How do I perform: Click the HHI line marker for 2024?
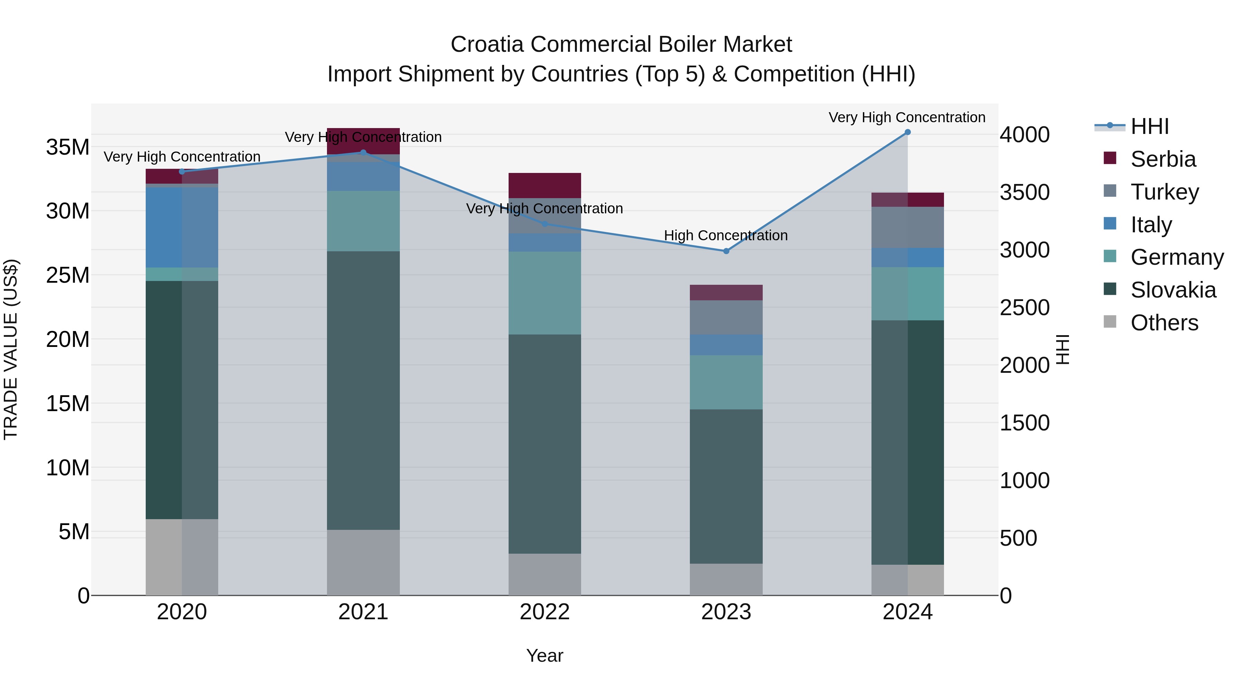click(907, 132)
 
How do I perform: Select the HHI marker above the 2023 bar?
click(726, 251)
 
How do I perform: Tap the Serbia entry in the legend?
click(1163, 159)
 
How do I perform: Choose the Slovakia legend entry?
click(1173, 290)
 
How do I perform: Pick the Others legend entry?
click(1164, 323)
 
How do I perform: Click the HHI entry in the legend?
click(1149, 126)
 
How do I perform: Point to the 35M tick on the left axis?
click(68, 147)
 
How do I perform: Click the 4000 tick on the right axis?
click(1024, 135)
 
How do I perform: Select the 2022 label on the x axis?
click(544, 612)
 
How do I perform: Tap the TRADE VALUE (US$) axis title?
click(11, 349)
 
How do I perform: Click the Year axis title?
click(544, 656)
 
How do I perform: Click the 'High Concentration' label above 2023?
click(726, 235)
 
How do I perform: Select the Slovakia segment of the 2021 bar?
click(363, 391)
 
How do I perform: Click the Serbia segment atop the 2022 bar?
click(544, 185)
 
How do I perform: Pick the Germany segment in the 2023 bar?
click(726, 382)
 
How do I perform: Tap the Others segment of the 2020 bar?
click(181, 557)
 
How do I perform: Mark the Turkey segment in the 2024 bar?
click(907, 227)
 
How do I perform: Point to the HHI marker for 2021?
click(363, 153)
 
